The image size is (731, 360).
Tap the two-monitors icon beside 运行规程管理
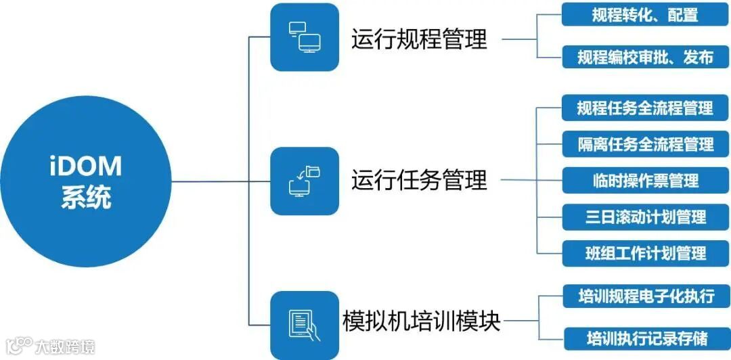point(304,37)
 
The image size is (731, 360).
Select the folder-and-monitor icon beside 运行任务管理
point(304,181)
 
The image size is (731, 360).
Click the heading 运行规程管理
point(419,39)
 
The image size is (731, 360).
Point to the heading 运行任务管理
point(419,181)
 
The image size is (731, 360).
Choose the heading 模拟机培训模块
point(421,321)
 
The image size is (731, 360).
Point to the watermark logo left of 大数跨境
point(18,346)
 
